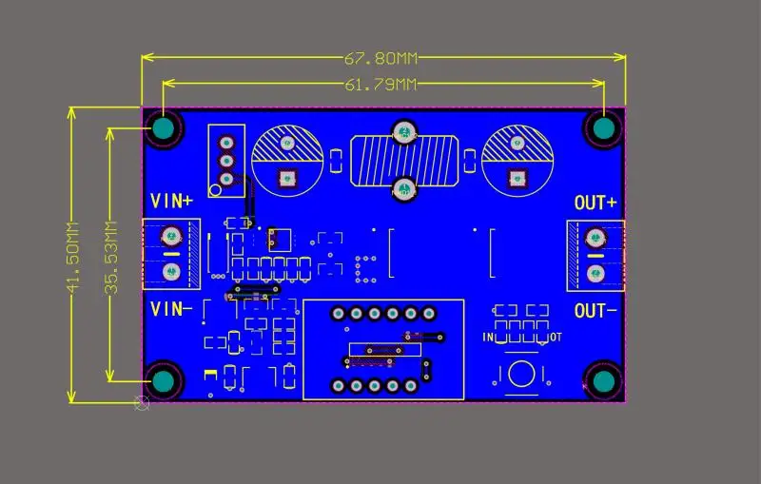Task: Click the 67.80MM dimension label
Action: point(380,59)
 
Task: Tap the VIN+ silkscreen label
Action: point(172,201)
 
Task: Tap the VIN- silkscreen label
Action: point(172,308)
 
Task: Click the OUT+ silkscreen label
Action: point(595,203)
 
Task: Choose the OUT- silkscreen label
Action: point(595,310)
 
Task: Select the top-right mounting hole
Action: point(604,127)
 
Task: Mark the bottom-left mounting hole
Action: point(165,381)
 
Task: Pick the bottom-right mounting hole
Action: point(604,381)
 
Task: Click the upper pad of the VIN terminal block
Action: point(172,235)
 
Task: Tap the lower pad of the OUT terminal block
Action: point(596,274)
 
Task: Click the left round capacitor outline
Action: point(285,159)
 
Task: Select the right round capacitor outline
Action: point(517,159)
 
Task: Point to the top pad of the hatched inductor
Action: point(403,132)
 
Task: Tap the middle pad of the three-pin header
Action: point(226,161)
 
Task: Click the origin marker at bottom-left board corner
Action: point(143,403)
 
